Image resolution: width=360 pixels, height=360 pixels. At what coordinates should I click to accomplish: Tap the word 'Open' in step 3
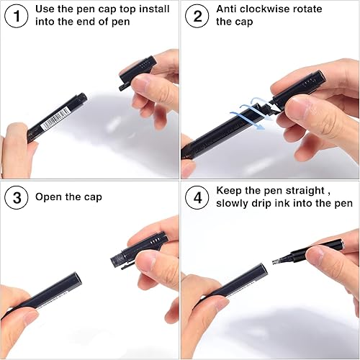(x=50, y=197)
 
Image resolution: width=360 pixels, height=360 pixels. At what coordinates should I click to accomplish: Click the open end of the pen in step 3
(x=76, y=276)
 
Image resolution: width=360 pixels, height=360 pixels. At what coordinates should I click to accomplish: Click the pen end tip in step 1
(x=83, y=96)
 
